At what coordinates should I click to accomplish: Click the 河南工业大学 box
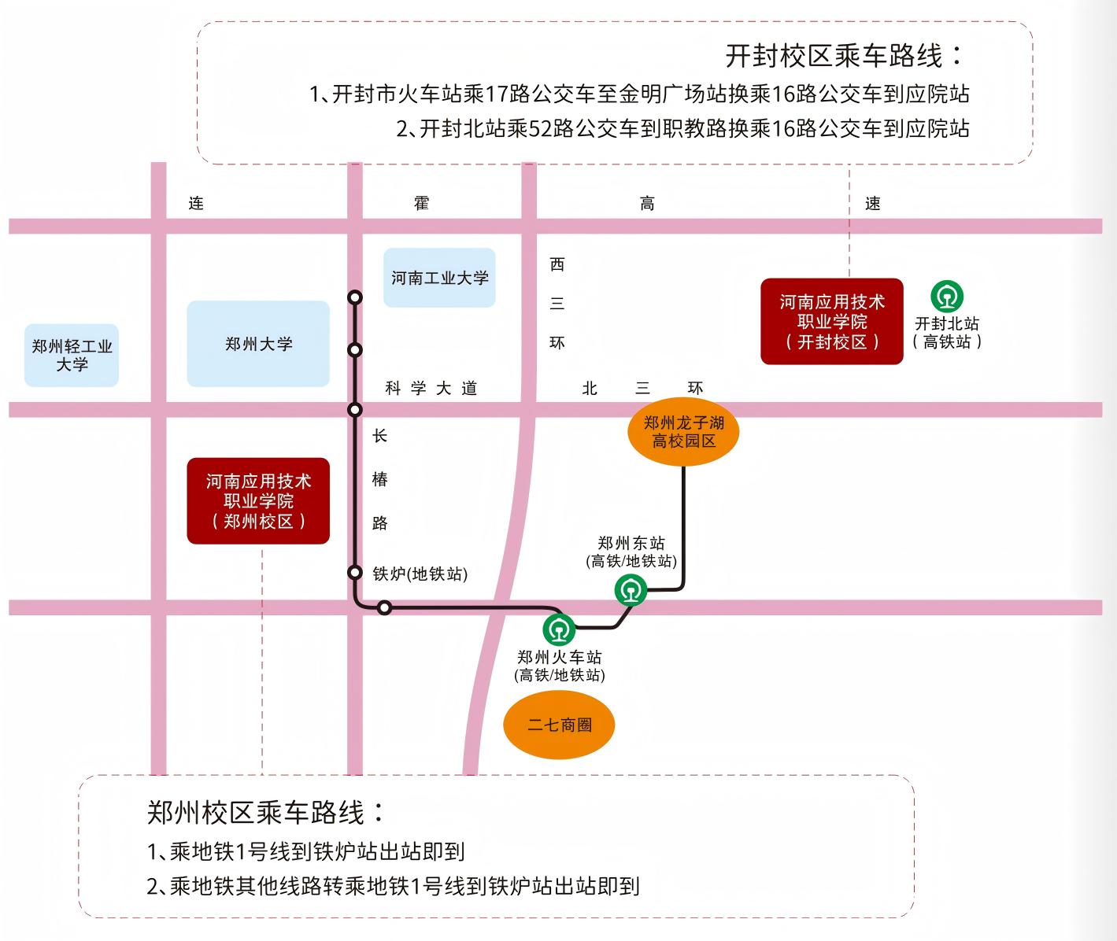click(439, 278)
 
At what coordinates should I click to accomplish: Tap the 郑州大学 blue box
click(258, 344)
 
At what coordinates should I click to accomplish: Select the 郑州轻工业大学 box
click(72, 355)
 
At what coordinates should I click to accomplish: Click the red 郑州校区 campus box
click(258, 501)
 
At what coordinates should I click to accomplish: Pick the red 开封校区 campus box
click(832, 321)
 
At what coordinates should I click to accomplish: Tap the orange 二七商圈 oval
click(559, 725)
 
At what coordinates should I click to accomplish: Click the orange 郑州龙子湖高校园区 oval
click(683, 432)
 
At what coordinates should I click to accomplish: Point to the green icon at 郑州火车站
click(559, 629)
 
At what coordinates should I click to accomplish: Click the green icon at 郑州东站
click(631, 590)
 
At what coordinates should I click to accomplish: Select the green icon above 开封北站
click(947, 297)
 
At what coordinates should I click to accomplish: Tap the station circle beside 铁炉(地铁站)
click(355, 572)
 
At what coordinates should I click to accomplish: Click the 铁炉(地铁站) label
click(420, 574)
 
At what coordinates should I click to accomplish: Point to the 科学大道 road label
click(431, 388)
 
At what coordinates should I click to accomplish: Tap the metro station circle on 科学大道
click(355, 409)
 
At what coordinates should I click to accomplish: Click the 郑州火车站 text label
click(559, 657)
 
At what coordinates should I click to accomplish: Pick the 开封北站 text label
click(947, 323)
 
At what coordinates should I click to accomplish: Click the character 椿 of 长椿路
click(380, 479)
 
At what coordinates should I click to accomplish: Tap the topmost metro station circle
click(355, 297)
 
